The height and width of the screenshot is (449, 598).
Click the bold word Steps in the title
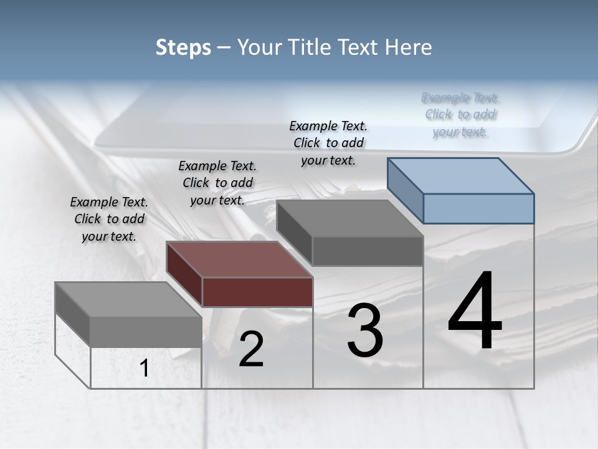[183, 47]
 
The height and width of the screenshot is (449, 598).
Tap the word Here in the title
[407, 47]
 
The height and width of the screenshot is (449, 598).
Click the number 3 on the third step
[365, 331]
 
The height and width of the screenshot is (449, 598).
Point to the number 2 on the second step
[251, 349]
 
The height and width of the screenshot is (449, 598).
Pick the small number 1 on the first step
[145, 369]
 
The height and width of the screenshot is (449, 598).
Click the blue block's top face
[461, 175]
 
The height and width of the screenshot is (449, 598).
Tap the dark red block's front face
[257, 292]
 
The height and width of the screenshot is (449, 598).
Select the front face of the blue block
[478, 208]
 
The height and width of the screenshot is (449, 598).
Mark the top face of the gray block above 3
[349, 218]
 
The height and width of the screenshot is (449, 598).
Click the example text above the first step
[109, 219]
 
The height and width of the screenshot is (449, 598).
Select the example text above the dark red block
[217, 183]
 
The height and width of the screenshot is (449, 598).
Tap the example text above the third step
[328, 143]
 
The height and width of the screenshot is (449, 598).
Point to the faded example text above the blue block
[460, 115]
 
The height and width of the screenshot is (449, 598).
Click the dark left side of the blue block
[405, 190]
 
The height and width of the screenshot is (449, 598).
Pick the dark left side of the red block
[184, 274]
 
